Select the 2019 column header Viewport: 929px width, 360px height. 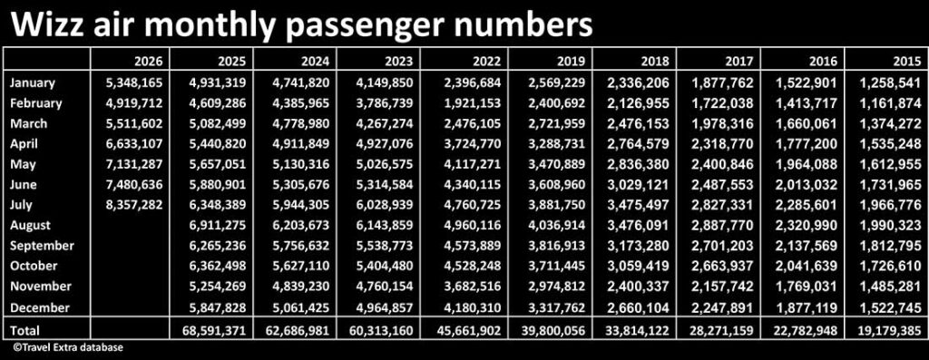(x=572, y=61)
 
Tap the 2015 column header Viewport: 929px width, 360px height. (x=907, y=61)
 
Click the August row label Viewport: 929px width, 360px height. (x=30, y=226)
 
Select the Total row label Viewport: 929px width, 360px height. (x=24, y=329)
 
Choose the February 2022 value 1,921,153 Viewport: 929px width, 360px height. (x=473, y=103)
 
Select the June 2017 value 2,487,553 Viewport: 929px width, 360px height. (x=725, y=185)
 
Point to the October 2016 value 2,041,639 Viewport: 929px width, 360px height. (x=809, y=267)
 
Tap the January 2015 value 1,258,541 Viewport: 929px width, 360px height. (x=894, y=83)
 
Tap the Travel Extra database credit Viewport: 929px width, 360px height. (x=65, y=347)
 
